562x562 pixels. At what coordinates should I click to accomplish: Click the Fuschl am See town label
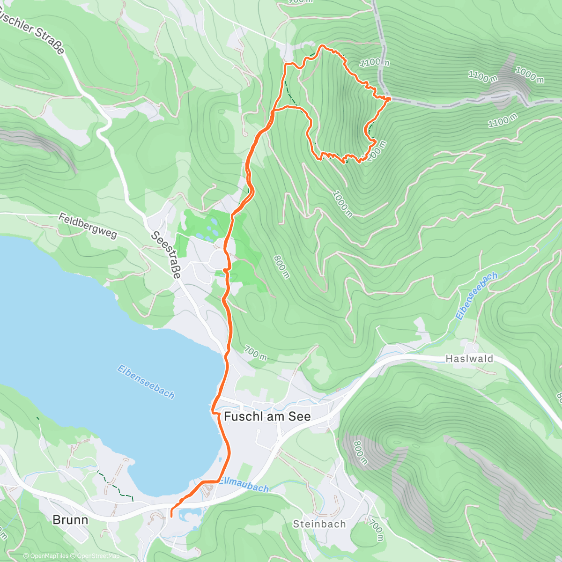pyautogui.click(x=267, y=416)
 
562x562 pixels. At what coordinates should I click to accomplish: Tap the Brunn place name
pyautogui.click(x=70, y=520)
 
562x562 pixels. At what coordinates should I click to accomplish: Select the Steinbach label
pyautogui.click(x=319, y=524)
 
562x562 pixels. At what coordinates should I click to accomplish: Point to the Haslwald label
pyautogui.click(x=469, y=359)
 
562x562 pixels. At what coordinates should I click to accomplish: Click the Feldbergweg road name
pyautogui.click(x=88, y=226)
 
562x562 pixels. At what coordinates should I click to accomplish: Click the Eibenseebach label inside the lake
pyautogui.click(x=146, y=382)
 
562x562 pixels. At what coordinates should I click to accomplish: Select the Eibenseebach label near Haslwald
pyautogui.click(x=476, y=296)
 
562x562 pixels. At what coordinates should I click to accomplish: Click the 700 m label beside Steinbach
pyautogui.click(x=376, y=529)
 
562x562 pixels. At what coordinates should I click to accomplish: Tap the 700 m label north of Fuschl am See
pyautogui.click(x=256, y=354)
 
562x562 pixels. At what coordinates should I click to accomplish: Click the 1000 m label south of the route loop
pyautogui.click(x=343, y=203)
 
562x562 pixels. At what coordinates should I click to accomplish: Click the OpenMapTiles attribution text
pyautogui.click(x=49, y=556)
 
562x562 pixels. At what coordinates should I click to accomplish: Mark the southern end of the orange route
pyautogui.click(x=170, y=516)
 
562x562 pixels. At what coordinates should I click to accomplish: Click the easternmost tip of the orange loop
pyautogui.click(x=390, y=98)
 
